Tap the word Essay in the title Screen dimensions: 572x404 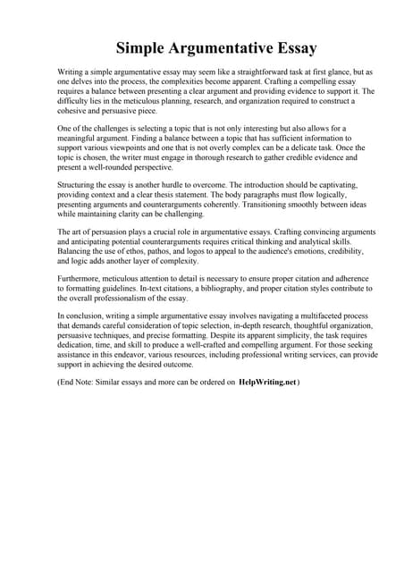point(291,46)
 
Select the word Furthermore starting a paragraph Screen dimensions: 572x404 point(81,278)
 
